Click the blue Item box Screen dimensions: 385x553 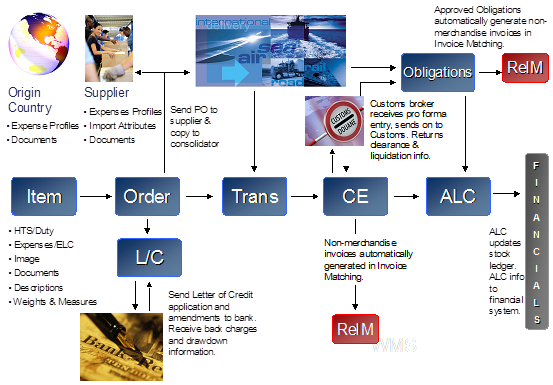tap(44, 196)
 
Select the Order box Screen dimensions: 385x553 tap(148, 196)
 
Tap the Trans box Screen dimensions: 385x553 tap(255, 196)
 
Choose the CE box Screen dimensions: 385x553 tap(355, 196)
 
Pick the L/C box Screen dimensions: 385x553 tap(148, 257)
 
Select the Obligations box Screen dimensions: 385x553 tap(437, 72)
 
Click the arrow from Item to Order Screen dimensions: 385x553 tap(97, 196)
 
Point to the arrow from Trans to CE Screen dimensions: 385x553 tap(305, 196)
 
